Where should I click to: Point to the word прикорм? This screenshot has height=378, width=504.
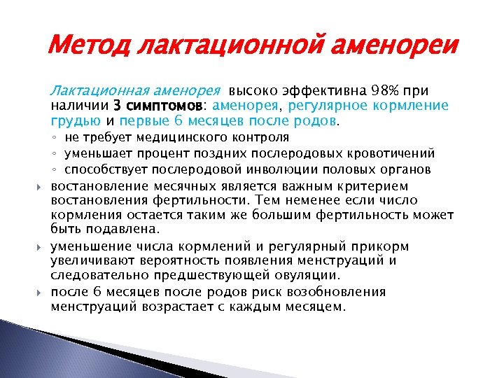[x=382, y=246]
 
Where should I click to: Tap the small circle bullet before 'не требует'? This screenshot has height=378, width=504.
[x=54, y=137]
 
